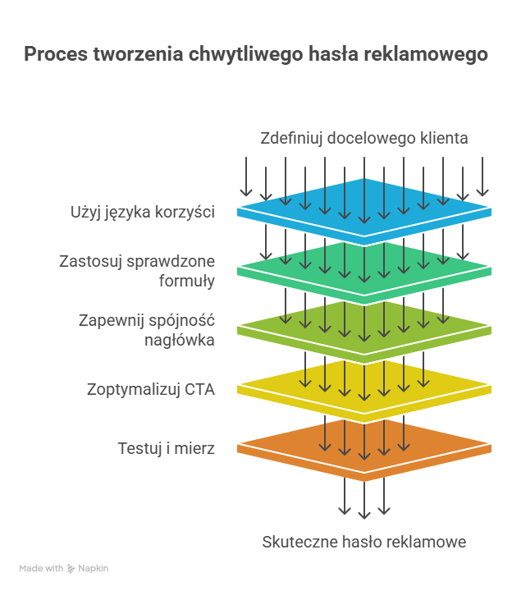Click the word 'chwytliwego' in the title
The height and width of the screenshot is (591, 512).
[245, 54]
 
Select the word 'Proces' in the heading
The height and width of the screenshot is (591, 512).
[56, 54]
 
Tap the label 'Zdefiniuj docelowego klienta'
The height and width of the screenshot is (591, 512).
[364, 139]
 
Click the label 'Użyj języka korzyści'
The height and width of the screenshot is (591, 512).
[143, 213]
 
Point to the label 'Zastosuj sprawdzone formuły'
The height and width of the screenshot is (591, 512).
[137, 271]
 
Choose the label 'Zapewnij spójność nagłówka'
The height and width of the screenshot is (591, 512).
[147, 330]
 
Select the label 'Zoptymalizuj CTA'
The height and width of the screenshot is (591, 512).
[151, 390]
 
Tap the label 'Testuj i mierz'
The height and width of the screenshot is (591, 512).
[166, 448]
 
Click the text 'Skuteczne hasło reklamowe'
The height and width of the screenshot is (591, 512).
[364, 542]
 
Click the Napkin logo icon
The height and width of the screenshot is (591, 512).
[71, 568]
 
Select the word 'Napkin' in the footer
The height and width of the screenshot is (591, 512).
[93, 568]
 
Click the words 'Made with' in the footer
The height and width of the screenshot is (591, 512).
[41, 568]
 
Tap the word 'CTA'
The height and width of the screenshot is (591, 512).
[199, 389]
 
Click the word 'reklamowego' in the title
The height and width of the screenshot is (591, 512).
[426, 54]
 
